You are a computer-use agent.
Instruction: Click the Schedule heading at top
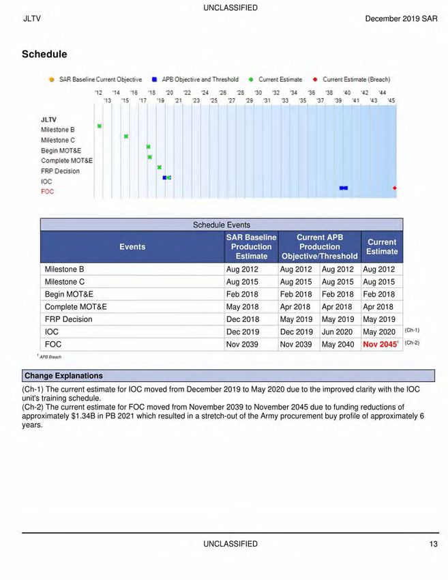pyautogui.click(x=44, y=54)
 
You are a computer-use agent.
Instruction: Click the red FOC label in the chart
pyautogui.click(x=47, y=192)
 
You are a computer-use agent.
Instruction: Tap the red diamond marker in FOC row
pyautogui.click(x=395, y=188)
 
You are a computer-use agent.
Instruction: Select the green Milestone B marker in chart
pyautogui.click(x=100, y=126)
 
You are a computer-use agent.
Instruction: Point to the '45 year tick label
pyautogui.click(x=391, y=100)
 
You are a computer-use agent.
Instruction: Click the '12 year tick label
pyautogui.click(x=99, y=92)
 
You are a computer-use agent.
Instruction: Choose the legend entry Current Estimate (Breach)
pyautogui.click(x=351, y=80)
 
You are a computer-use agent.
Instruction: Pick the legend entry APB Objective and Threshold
pyautogui.click(x=196, y=80)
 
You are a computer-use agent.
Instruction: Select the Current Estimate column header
pyautogui.click(x=381, y=247)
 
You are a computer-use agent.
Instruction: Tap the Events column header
pyautogui.click(x=132, y=247)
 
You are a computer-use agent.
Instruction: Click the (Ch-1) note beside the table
pyautogui.click(x=412, y=330)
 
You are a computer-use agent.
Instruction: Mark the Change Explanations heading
pyautogui.click(x=63, y=376)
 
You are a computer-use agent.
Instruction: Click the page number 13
pyautogui.click(x=434, y=544)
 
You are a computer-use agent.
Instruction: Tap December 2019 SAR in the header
pyautogui.click(x=402, y=18)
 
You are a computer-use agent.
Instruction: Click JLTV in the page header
pyautogui.click(x=32, y=18)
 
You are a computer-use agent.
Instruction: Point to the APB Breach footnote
pyautogui.click(x=50, y=357)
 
